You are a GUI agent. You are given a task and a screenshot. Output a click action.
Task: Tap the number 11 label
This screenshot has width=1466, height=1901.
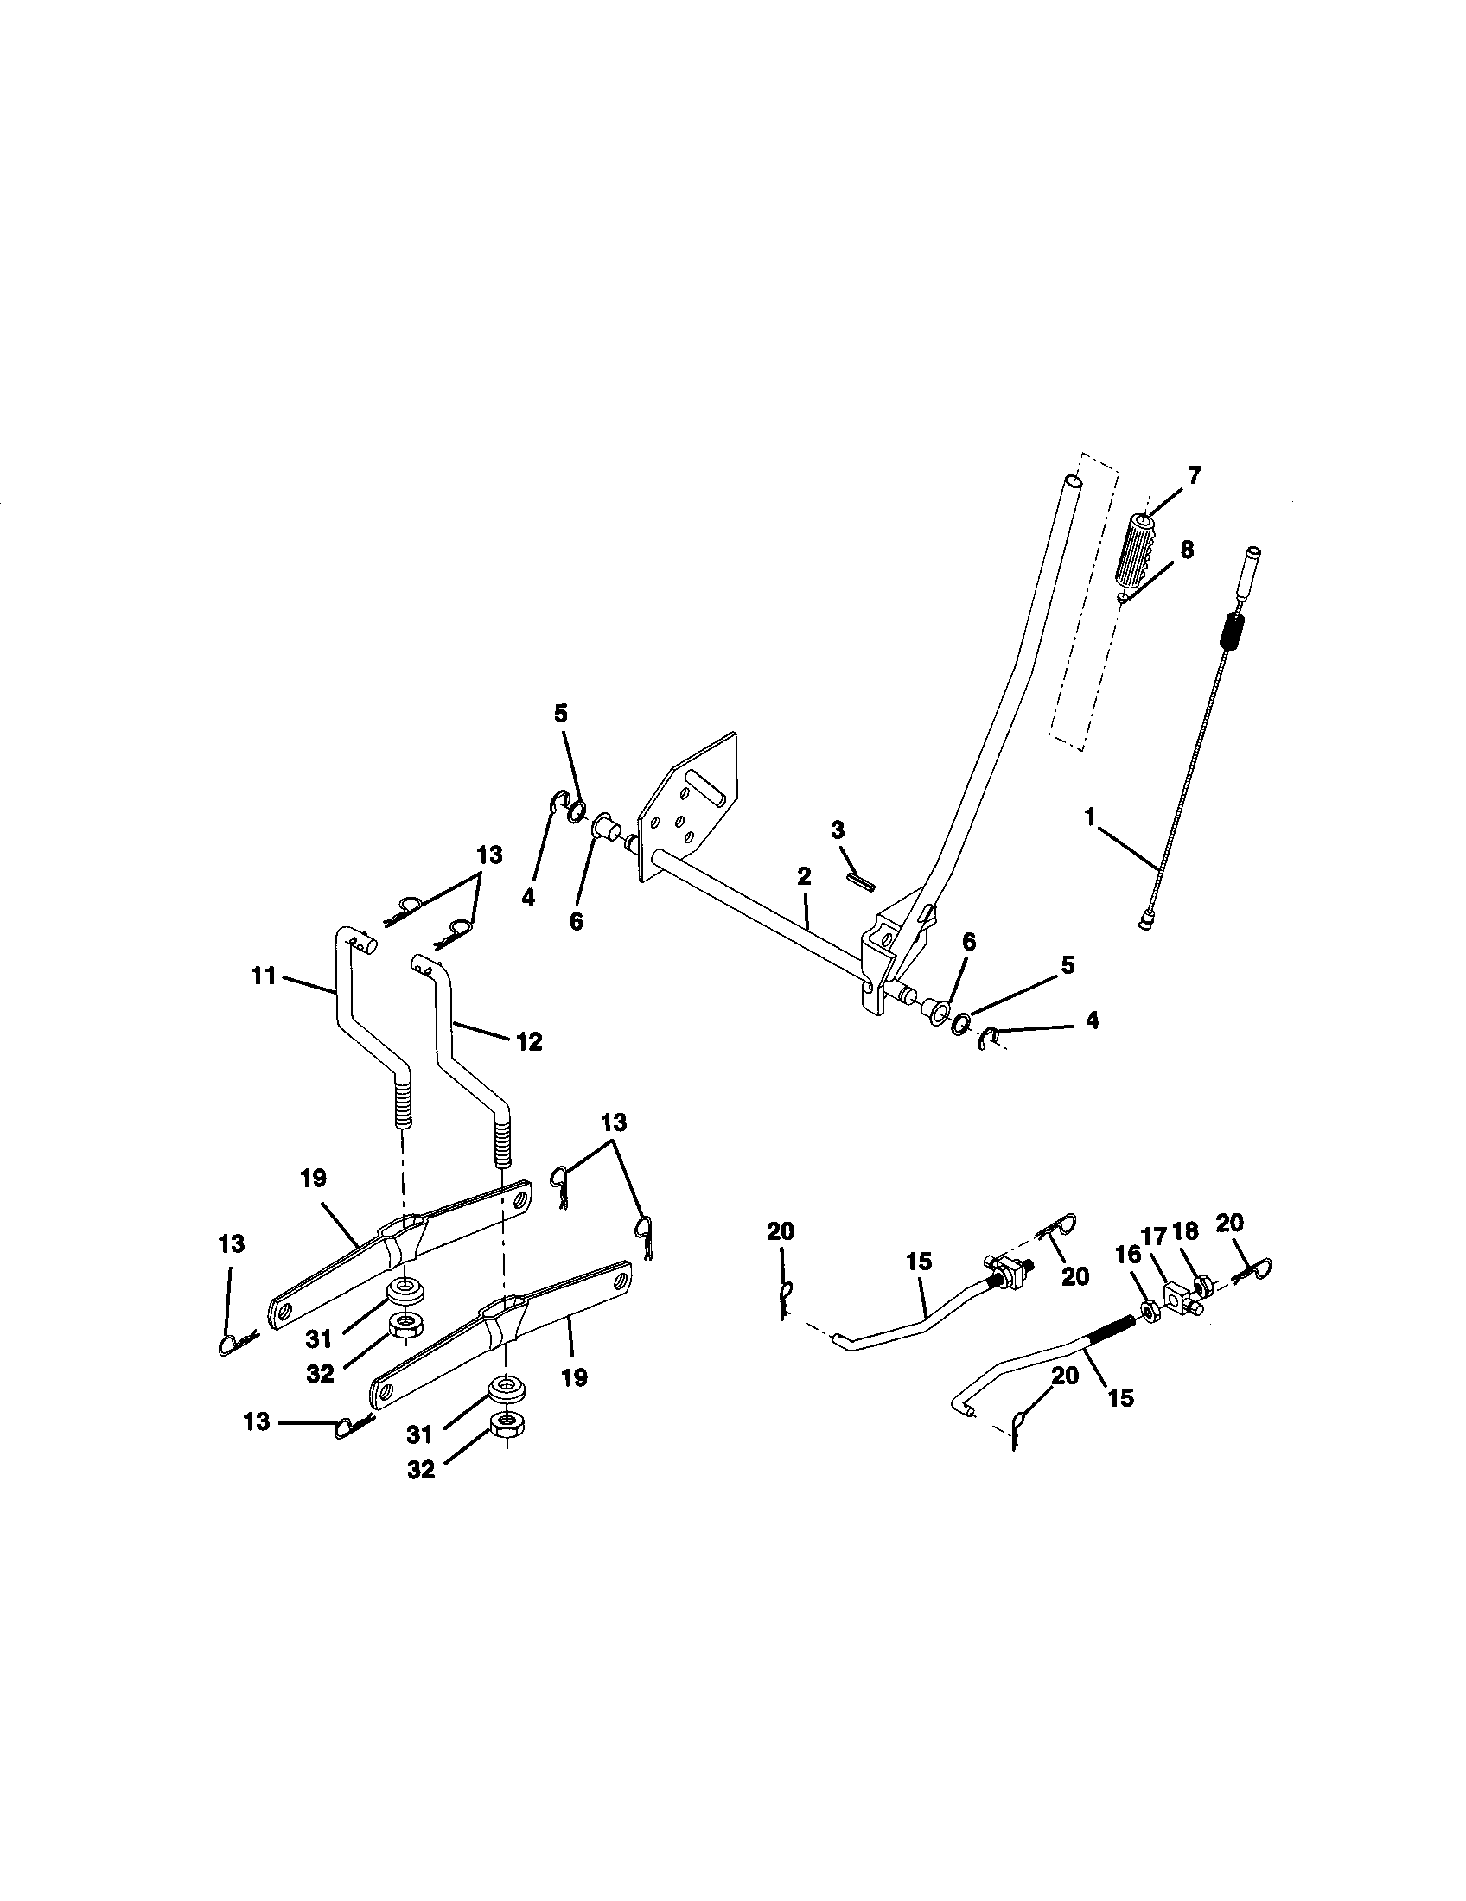[264, 976]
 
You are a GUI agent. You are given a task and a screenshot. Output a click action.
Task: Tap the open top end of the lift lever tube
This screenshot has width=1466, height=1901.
[1075, 480]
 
